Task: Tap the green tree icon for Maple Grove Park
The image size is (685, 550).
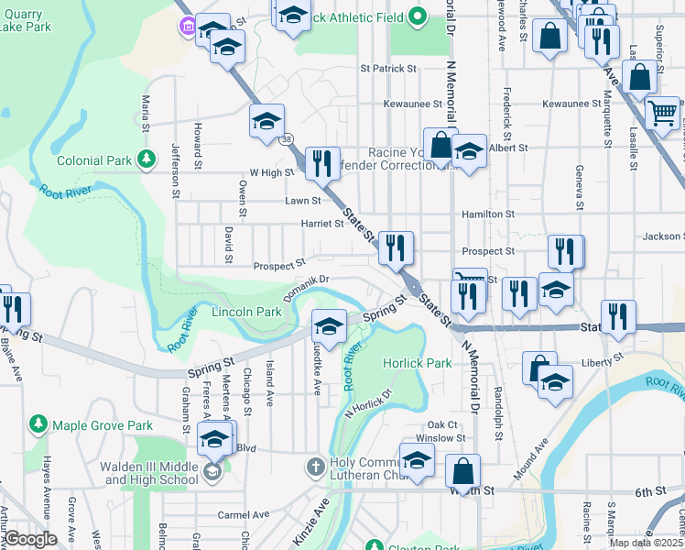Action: [38, 424]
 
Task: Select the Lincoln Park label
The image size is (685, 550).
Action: [246, 312]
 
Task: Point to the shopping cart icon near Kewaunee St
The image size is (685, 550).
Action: [662, 113]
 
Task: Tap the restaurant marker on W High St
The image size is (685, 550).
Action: [321, 163]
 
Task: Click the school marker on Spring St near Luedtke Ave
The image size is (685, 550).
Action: [329, 326]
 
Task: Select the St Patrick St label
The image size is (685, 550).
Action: [388, 68]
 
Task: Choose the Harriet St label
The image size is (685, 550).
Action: [296, 223]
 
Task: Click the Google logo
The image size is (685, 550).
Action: [31, 538]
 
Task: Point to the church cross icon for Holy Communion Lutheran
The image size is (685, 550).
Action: [314, 466]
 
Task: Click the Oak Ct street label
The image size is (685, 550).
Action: [441, 424]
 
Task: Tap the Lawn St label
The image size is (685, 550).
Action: [303, 200]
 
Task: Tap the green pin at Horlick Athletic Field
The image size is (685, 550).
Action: [417, 16]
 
